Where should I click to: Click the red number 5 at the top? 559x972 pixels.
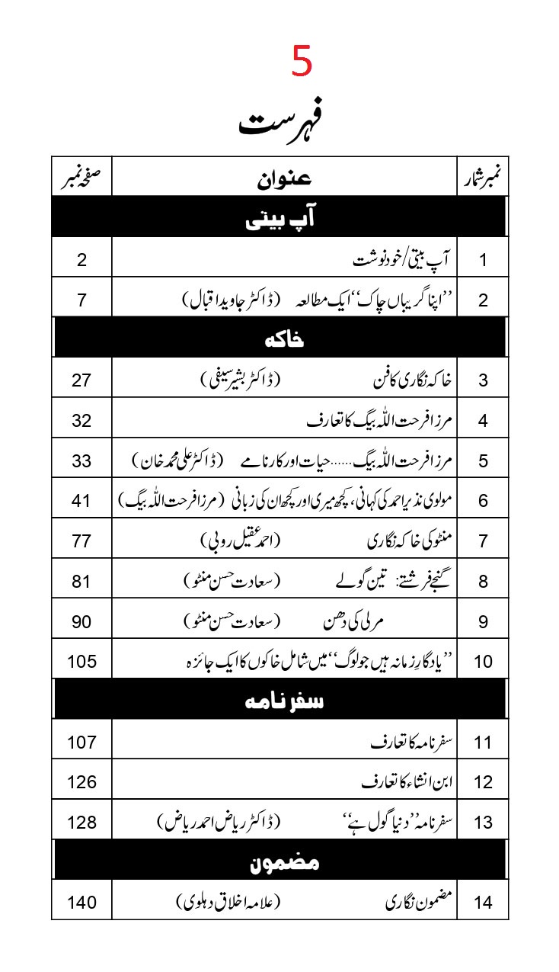click(x=302, y=63)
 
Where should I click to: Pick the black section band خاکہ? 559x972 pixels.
click(x=279, y=338)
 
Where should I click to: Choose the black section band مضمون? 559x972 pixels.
click(x=279, y=861)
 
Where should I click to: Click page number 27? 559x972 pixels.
click(x=81, y=380)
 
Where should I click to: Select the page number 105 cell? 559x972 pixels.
click(x=81, y=661)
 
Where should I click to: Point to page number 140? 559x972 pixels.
click(x=81, y=903)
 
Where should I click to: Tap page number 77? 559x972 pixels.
click(x=81, y=541)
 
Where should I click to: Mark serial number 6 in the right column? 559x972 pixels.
click(x=483, y=501)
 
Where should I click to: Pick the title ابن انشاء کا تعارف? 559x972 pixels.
click(x=404, y=781)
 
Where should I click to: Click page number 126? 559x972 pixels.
click(x=81, y=781)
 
